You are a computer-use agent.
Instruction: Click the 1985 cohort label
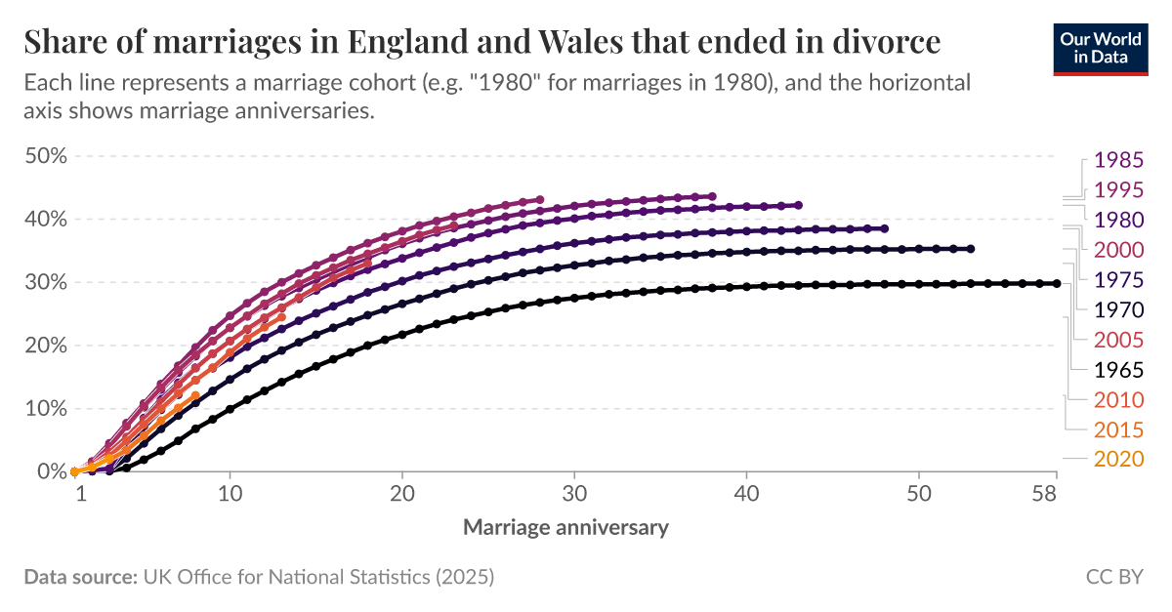point(1117,159)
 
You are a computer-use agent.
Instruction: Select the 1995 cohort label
point(1117,189)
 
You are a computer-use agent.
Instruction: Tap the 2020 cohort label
point(1117,459)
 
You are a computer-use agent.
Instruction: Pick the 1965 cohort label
point(1117,370)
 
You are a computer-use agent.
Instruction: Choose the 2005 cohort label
point(1117,340)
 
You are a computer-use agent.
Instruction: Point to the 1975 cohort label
point(1117,280)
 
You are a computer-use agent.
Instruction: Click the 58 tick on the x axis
point(1044,495)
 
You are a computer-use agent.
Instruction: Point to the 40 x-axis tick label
point(746,495)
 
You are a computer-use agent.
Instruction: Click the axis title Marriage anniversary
point(565,527)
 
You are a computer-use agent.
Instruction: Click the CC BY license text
point(1114,577)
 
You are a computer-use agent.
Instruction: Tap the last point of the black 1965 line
point(1057,284)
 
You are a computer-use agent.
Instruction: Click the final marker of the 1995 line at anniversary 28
point(540,199)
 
